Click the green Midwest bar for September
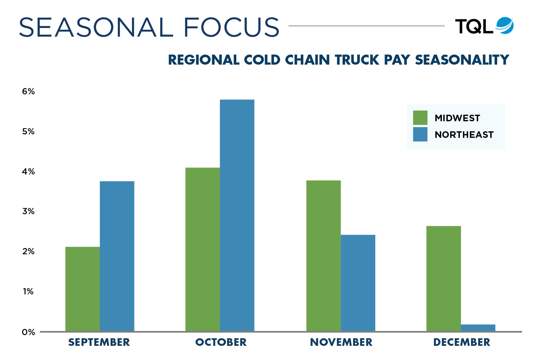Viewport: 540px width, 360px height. [x=83, y=289]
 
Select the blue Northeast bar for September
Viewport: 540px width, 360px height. [x=117, y=256]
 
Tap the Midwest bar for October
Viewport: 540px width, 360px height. [x=203, y=249]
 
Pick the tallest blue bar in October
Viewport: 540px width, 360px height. [x=237, y=215]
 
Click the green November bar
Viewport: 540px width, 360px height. [x=323, y=256]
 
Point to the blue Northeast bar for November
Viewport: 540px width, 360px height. [x=358, y=283]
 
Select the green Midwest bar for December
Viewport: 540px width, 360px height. [x=444, y=278]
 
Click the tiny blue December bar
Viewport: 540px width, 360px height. [x=478, y=328]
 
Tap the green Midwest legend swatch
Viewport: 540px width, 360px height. [x=420, y=118]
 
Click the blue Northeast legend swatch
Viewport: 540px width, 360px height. [x=420, y=134]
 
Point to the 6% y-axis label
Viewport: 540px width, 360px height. [x=28, y=92]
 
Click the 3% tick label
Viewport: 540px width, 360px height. [x=28, y=211]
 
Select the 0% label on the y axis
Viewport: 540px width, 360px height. [x=28, y=332]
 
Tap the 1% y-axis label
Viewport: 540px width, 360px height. [x=28, y=292]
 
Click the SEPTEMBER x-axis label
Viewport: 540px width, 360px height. [x=99, y=342]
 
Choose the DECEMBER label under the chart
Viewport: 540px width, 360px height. [x=462, y=342]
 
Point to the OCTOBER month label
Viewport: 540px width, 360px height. [x=221, y=342]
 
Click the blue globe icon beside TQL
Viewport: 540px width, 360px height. [x=505, y=26]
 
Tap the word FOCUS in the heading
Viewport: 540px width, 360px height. [x=231, y=27]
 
